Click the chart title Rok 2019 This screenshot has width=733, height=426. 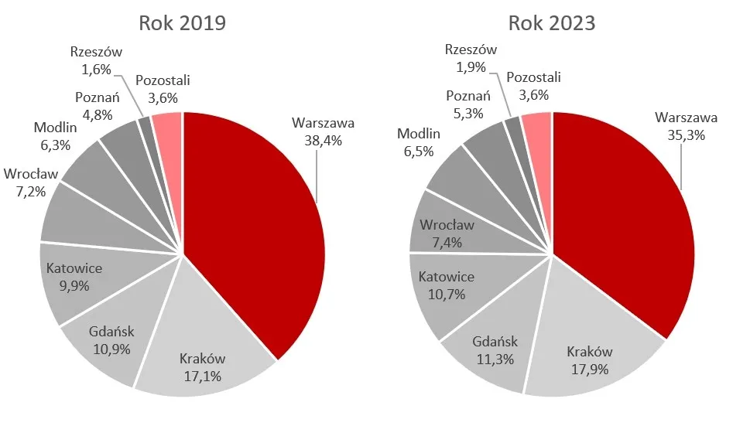182,22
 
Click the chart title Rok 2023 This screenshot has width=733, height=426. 551,22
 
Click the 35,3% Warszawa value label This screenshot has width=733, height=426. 686,135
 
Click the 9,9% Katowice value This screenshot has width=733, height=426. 74,285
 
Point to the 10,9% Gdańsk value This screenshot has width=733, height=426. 111,349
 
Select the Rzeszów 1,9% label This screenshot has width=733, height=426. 471,58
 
